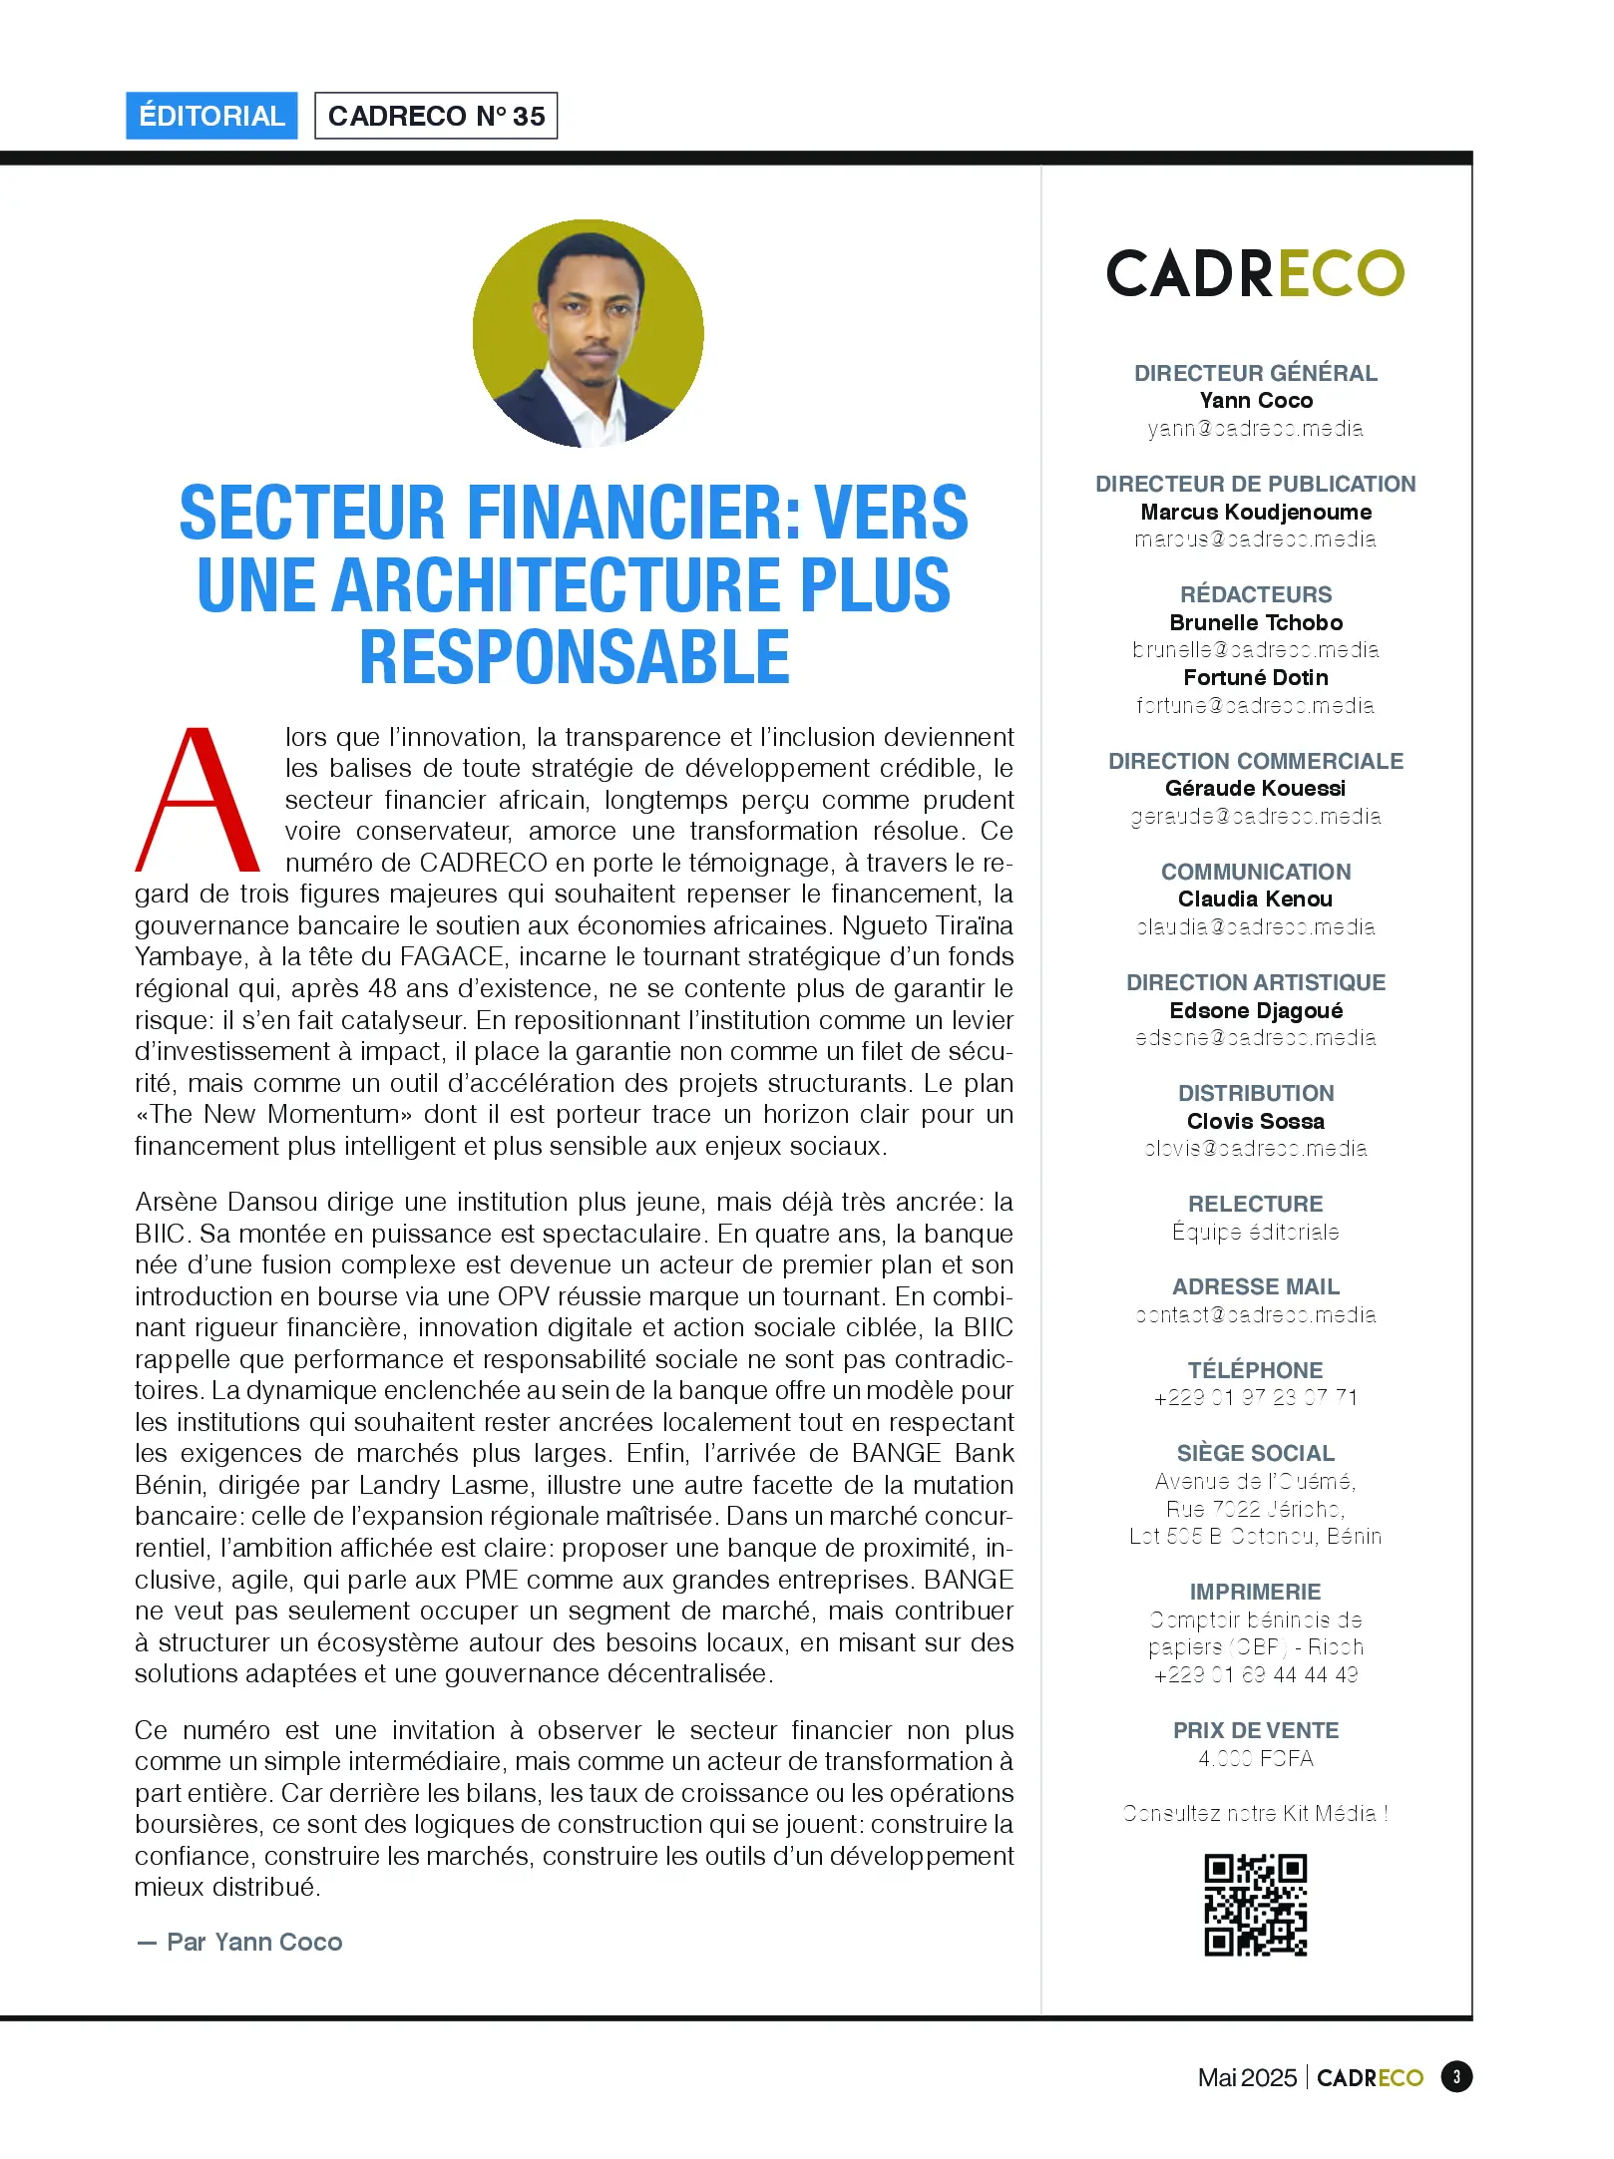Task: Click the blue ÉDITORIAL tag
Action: click(211, 116)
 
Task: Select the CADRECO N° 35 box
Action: click(436, 116)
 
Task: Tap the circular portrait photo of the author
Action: click(589, 333)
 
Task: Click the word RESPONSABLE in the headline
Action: click(575, 658)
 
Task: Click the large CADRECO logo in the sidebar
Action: click(1255, 273)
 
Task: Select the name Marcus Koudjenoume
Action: click(1255, 512)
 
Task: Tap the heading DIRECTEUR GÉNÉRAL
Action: click(1255, 373)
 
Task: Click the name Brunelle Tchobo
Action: click(1255, 622)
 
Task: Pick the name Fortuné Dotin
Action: click(1255, 677)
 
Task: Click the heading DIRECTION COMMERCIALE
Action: click(1255, 761)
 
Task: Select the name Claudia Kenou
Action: click(1255, 899)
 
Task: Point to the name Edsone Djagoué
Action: click(1255, 1010)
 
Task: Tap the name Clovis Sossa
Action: click(1255, 1121)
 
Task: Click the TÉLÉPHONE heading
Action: click(1255, 1370)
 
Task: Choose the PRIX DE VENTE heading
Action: click(1255, 1730)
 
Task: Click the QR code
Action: click(1255, 1905)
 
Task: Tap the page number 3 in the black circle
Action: click(1456, 2077)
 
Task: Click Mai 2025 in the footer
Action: click(1246, 2077)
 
